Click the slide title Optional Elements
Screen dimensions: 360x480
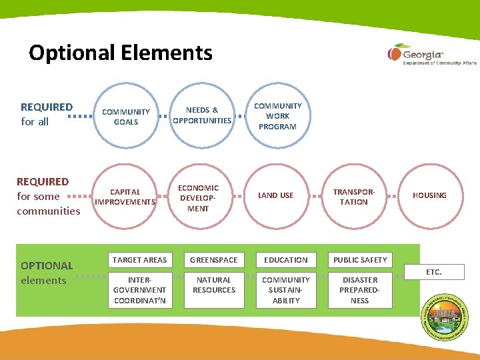(x=121, y=53)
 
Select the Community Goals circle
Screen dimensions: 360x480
(x=126, y=117)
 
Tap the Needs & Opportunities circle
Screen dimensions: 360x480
(x=202, y=115)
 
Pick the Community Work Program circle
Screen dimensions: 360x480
(x=277, y=116)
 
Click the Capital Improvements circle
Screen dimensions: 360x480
(x=125, y=197)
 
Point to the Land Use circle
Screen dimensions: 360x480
(x=276, y=195)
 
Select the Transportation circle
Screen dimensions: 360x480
(x=353, y=197)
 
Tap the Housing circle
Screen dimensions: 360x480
(x=429, y=195)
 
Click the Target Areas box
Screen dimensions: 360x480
(x=140, y=260)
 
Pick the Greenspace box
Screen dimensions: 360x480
(x=214, y=260)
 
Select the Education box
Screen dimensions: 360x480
(x=286, y=260)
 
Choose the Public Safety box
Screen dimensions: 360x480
(x=360, y=260)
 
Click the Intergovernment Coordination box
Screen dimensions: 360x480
(x=140, y=290)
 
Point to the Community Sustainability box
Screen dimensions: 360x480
(x=286, y=290)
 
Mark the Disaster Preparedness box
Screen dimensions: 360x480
(x=360, y=290)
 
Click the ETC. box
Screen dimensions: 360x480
(x=435, y=272)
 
